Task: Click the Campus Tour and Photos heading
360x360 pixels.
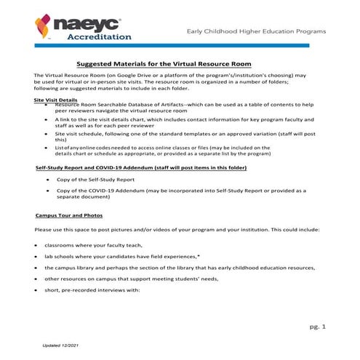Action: pyautogui.click(x=69, y=216)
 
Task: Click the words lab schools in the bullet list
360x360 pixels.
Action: pyautogui.click(x=60, y=257)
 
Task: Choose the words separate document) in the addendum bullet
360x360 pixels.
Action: pyautogui.click(x=87, y=197)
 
